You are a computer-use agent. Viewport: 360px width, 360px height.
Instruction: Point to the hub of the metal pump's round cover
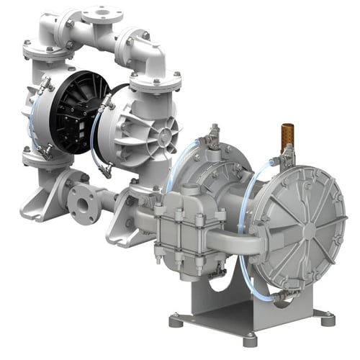coord(309,232)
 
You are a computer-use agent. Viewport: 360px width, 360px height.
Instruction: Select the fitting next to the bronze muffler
coord(289,155)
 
